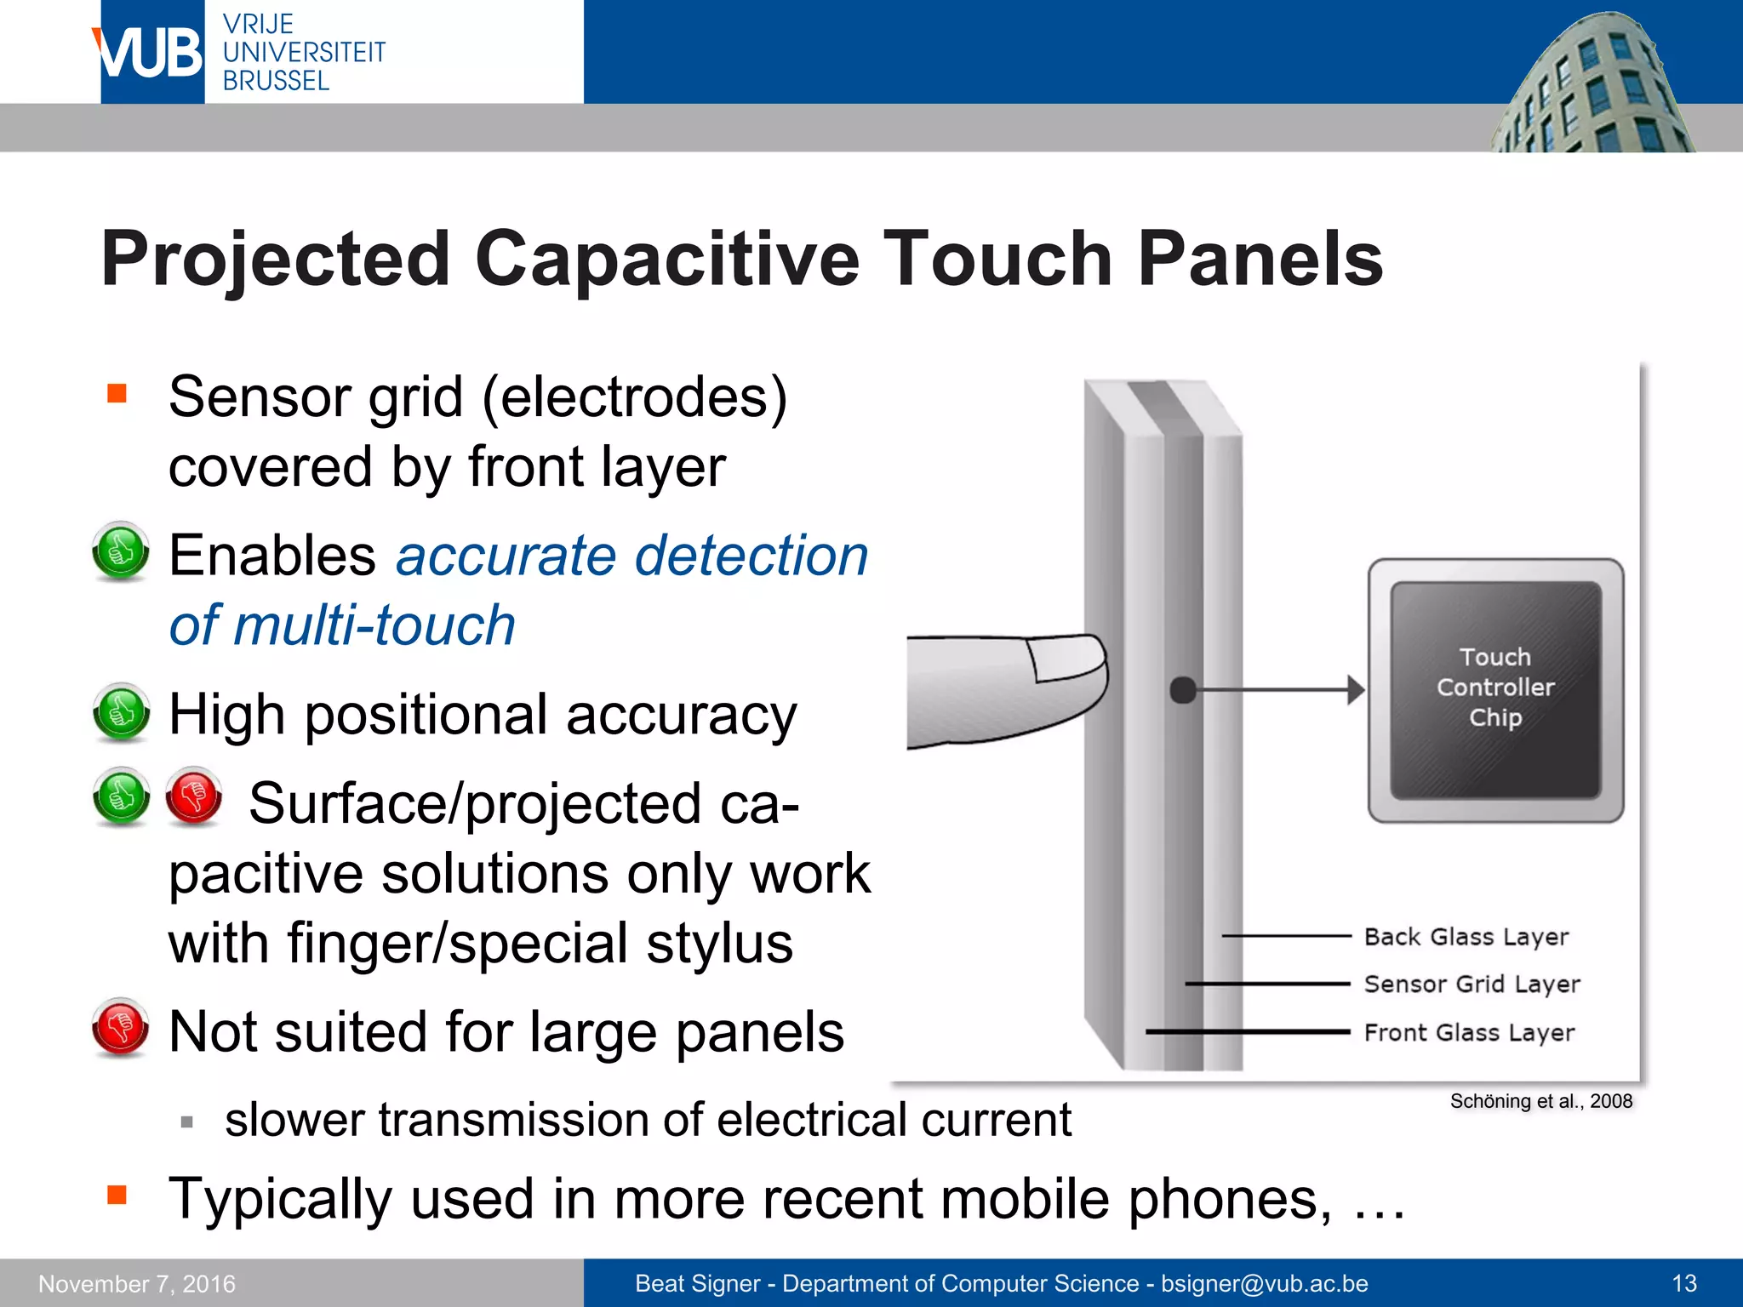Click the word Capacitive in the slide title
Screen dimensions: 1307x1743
[x=667, y=259]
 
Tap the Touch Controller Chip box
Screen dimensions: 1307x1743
[x=1495, y=688]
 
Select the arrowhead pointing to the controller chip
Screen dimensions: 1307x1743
[x=1356, y=689]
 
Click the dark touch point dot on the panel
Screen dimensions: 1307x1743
[x=1183, y=689]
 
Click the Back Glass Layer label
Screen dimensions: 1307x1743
[x=1466, y=936]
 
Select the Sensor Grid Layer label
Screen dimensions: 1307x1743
[x=1472, y=984]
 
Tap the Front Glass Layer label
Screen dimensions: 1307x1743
[x=1469, y=1032]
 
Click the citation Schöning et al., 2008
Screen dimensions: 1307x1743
[x=1540, y=1101]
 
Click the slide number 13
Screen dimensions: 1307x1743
[x=1683, y=1283]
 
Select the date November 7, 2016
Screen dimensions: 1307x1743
[x=137, y=1283]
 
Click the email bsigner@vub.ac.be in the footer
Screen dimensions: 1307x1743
[x=1264, y=1283]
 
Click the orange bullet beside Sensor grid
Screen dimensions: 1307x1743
[x=117, y=393]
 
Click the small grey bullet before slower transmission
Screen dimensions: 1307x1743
[x=187, y=1122]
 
